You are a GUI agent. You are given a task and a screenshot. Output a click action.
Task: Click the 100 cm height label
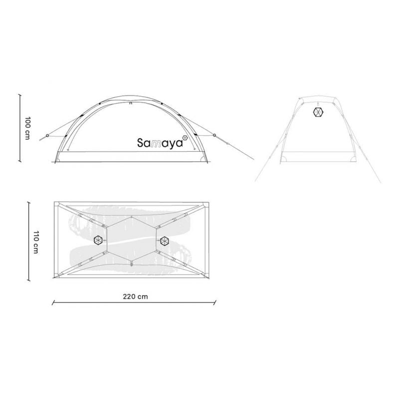(x=27, y=128)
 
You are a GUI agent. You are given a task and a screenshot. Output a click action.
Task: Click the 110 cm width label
(x=35, y=242)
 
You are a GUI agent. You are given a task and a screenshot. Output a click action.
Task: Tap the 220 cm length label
(x=135, y=297)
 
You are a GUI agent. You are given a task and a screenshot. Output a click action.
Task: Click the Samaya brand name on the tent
(x=160, y=143)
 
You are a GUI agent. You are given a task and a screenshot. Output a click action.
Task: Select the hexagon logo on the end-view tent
(x=318, y=112)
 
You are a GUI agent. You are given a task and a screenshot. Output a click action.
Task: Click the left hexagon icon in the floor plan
(x=98, y=240)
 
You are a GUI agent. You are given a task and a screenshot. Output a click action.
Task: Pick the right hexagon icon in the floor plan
(x=165, y=241)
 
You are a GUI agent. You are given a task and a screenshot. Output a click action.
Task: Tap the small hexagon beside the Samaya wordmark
(x=185, y=138)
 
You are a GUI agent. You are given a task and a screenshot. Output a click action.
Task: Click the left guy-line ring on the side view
(x=47, y=135)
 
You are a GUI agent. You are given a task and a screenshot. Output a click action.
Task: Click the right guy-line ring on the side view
(x=214, y=135)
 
